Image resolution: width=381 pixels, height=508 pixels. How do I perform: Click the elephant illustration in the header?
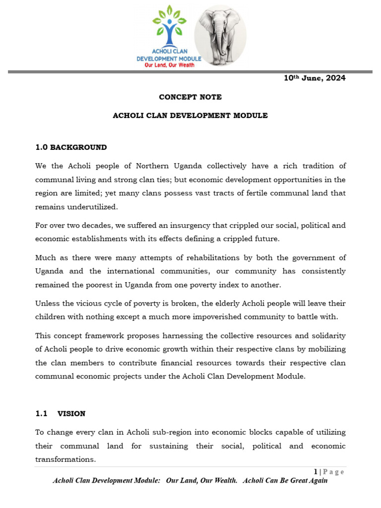(x=220, y=36)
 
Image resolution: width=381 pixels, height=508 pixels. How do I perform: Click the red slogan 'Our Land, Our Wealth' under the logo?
(x=169, y=65)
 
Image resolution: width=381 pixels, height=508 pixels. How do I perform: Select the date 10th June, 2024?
(x=315, y=78)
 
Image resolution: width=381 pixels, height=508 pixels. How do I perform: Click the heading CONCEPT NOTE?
(x=190, y=97)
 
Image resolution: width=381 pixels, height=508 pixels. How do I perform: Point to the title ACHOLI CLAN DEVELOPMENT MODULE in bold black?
(x=190, y=116)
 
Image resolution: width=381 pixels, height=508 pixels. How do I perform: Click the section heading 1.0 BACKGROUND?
(x=71, y=147)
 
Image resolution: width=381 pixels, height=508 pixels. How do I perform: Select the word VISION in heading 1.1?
(x=71, y=413)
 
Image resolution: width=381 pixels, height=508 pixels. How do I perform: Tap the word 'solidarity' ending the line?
(x=328, y=336)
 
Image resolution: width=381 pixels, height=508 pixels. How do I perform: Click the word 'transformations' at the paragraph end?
(x=64, y=459)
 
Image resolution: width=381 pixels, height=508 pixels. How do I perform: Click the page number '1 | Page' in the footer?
(x=329, y=472)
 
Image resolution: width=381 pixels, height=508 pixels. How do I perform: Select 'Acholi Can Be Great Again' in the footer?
(x=285, y=481)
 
